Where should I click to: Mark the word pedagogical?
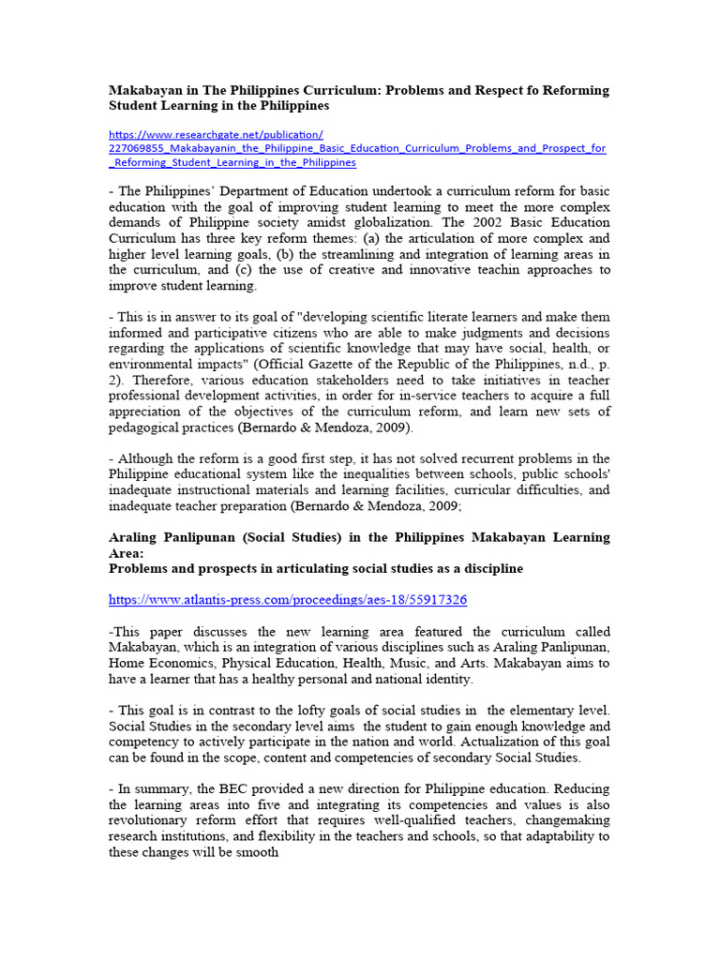[150, 427]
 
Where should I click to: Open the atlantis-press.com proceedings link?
[287, 599]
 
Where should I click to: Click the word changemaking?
[562, 820]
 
